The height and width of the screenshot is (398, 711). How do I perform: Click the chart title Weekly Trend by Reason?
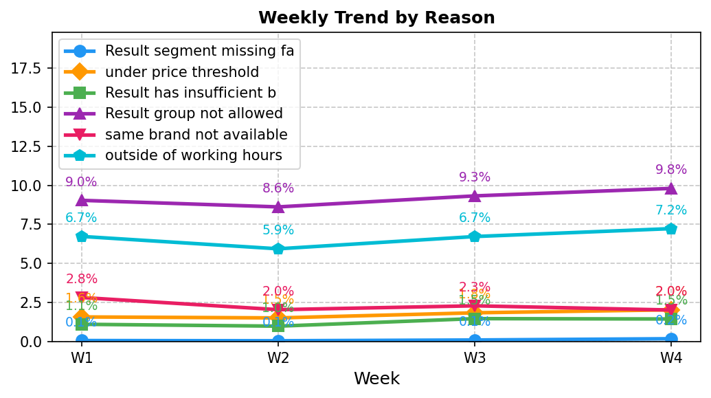376,18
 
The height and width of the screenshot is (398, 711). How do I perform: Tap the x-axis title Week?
376,379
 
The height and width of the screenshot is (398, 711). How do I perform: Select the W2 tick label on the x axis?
278,358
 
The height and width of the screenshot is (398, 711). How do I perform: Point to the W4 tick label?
670,358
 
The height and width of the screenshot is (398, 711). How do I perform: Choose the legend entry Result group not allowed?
193,113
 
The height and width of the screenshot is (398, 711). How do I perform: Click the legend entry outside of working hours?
193,155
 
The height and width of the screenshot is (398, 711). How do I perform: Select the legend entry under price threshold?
181,72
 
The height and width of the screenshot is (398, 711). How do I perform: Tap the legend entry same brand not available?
196,135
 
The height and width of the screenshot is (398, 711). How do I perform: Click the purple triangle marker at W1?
82,200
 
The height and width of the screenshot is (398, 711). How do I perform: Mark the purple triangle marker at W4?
670,188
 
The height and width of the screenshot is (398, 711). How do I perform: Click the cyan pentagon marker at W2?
278,249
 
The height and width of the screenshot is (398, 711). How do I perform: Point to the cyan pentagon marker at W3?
475,236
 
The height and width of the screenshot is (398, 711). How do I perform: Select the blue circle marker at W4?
670,338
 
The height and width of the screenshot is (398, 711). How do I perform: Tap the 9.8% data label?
670,170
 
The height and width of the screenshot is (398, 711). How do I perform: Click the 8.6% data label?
278,188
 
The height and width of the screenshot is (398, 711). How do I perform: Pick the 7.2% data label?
670,211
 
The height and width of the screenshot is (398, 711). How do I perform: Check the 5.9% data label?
278,230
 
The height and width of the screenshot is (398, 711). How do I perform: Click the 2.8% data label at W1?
82,279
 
